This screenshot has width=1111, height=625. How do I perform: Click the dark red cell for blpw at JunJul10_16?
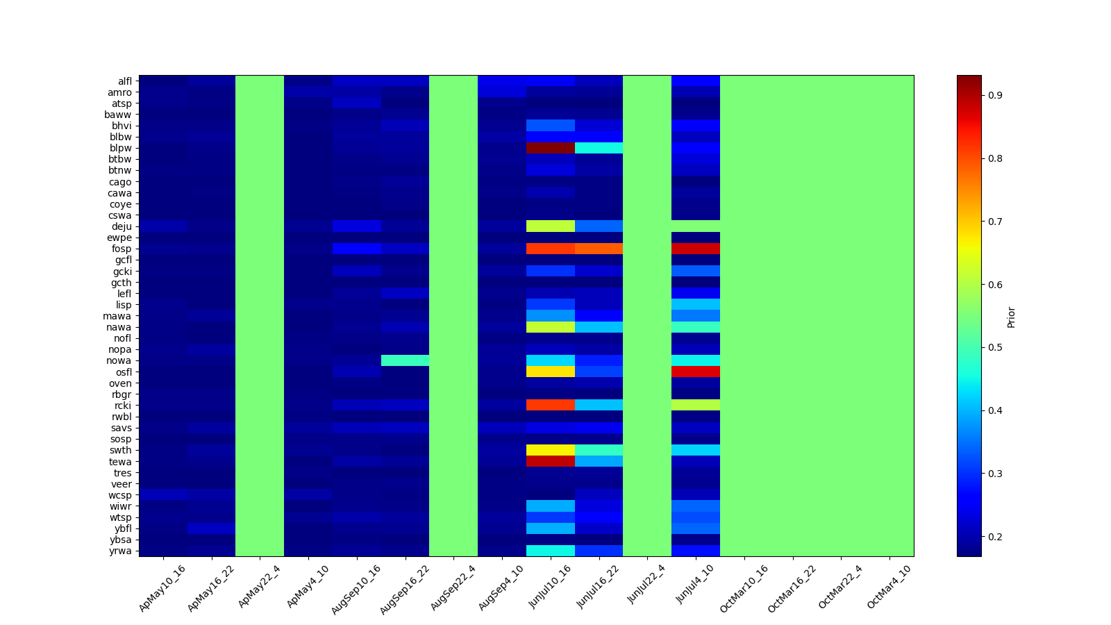pyautogui.click(x=551, y=148)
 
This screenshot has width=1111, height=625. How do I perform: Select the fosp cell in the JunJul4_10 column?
pyautogui.click(x=696, y=249)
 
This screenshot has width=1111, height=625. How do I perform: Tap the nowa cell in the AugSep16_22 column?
pyautogui.click(x=405, y=360)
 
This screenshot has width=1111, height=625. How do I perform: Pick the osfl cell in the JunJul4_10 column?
pyautogui.click(x=696, y=372)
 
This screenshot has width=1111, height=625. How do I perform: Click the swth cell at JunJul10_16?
pyautogui.click(x=551, y=450)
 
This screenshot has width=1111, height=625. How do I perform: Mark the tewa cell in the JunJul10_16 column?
pyautogui.click(x=551, y=461)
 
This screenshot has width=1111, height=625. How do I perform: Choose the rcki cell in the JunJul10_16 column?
pyautogui.click(x=551, y=405)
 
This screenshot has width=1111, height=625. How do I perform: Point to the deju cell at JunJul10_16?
pyautogui.click(x=551, y=226)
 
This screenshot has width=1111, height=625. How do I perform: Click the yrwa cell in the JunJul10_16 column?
pyautogui.click(x=551, y=551)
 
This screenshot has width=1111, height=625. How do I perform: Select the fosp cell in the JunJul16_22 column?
pyautogui.click(x=599, y=249)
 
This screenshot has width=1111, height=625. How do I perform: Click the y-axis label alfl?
pyautogui.click(x=124, y=81)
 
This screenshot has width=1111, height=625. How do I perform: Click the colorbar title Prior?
pyautogui.click(x=1011, y=317)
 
